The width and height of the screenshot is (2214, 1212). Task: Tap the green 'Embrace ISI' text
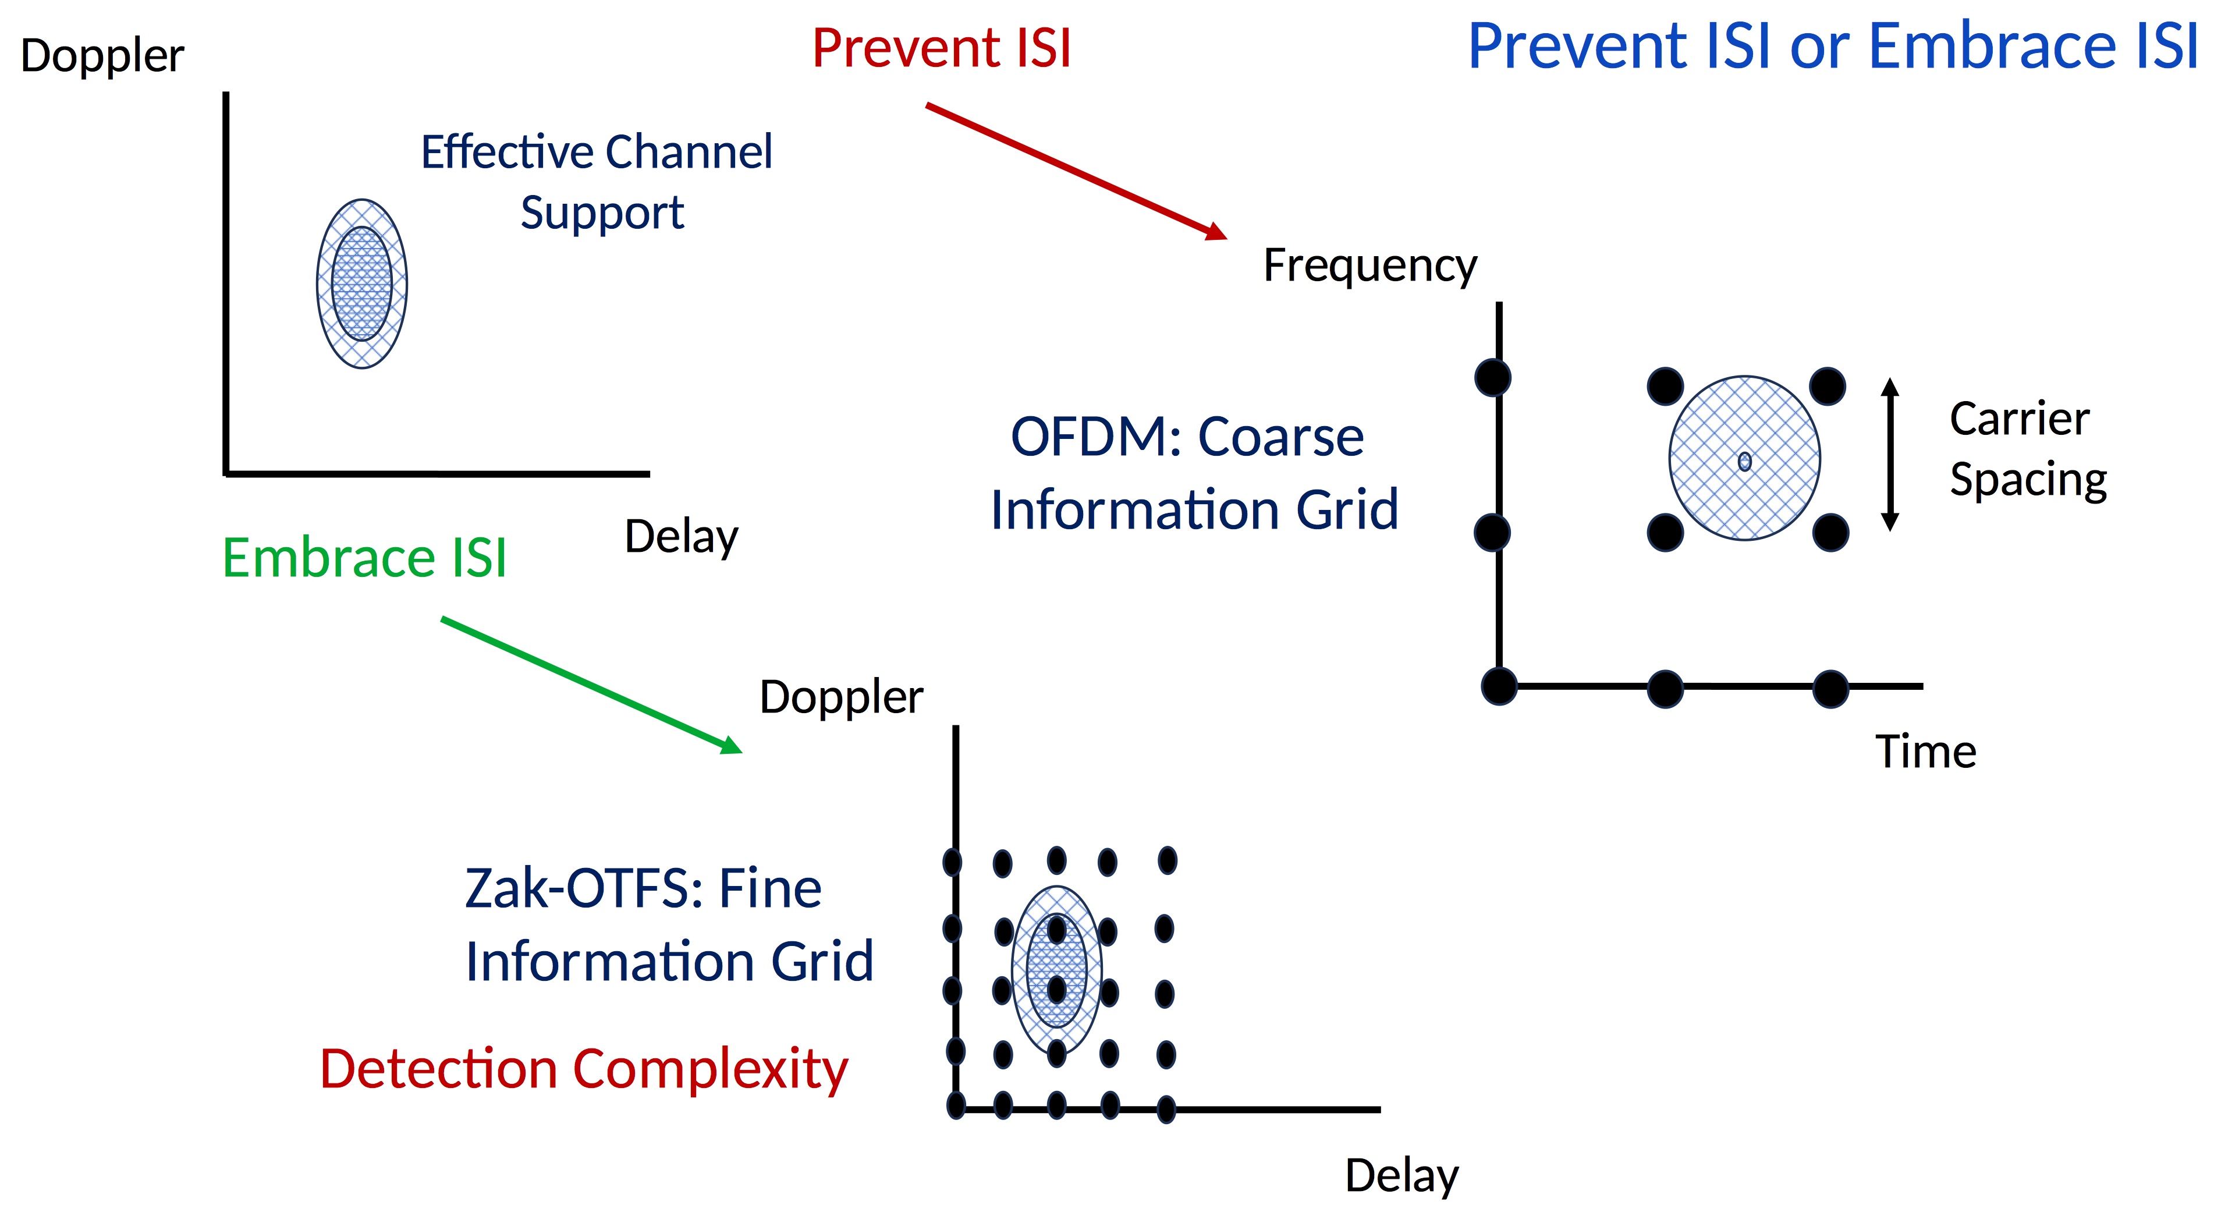point(364,557)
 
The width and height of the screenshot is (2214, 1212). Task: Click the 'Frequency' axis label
point(1370,265)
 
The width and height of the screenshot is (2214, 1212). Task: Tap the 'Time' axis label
point(1925,752)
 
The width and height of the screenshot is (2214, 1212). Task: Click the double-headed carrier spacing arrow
point(1889,454)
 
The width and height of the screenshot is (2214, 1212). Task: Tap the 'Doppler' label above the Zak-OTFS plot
point(842,696)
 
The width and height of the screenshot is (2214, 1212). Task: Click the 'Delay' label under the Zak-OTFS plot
point(1402,1175)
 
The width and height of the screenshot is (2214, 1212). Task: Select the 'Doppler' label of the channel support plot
point(102,56)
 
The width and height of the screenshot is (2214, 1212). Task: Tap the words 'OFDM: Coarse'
point(1187,437)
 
